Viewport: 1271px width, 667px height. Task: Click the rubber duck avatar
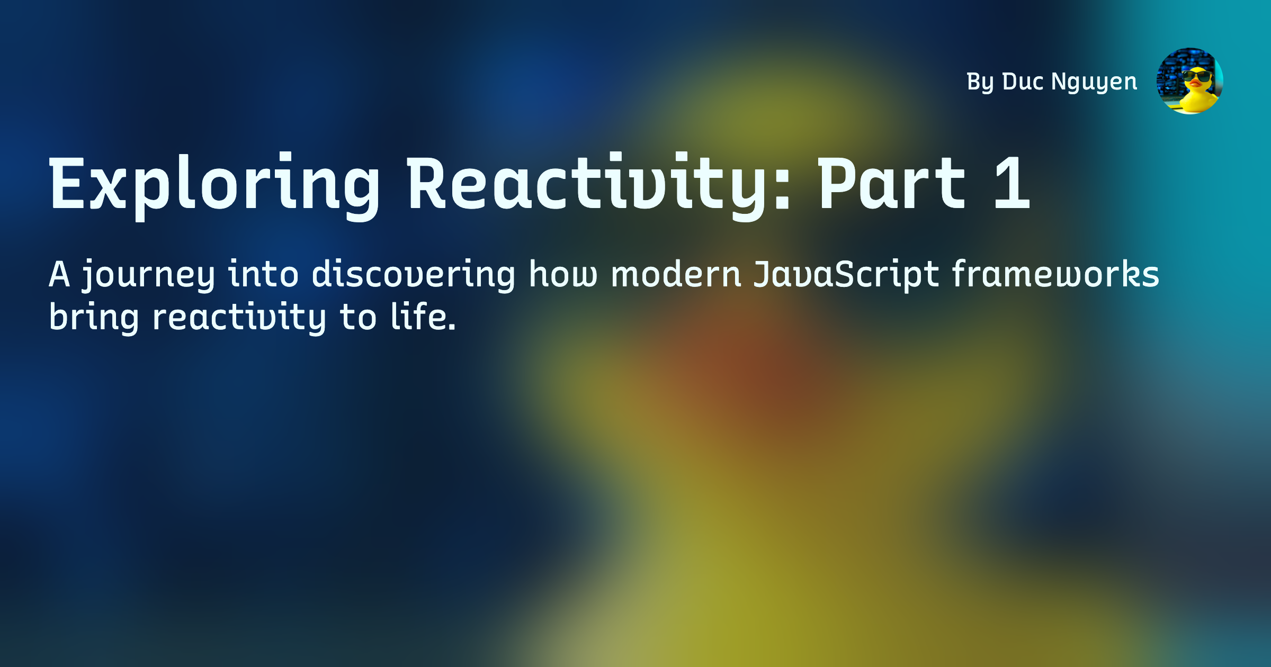1189,81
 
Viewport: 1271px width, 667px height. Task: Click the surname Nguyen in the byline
1094,83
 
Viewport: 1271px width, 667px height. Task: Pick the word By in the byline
980,83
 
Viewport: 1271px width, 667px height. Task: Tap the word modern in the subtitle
676,274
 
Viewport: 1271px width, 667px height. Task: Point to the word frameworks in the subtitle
1055,274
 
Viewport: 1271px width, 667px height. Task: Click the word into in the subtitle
263,274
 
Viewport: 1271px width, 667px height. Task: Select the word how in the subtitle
563,274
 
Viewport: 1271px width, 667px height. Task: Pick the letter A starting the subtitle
59,274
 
